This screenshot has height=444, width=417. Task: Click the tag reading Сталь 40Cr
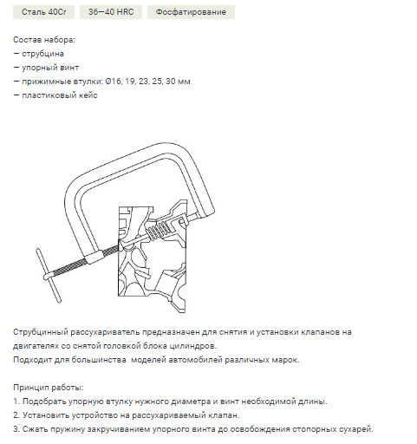coord(43,12)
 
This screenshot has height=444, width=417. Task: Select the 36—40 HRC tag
coord(111,12)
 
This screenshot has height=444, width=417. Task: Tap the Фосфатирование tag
coord(191,12)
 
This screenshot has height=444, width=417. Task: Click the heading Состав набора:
coord(44,40)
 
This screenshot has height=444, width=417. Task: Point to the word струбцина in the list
coord(43,54)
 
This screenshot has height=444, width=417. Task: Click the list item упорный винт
coord(50,68)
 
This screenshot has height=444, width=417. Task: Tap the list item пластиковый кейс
coord(60,95)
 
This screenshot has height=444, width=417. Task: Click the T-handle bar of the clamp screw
coord(49,276)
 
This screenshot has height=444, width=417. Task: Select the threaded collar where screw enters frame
coord(94,257)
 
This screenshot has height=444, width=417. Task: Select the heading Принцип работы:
coord(49,388)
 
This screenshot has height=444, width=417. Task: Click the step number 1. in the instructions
coord(16,402)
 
